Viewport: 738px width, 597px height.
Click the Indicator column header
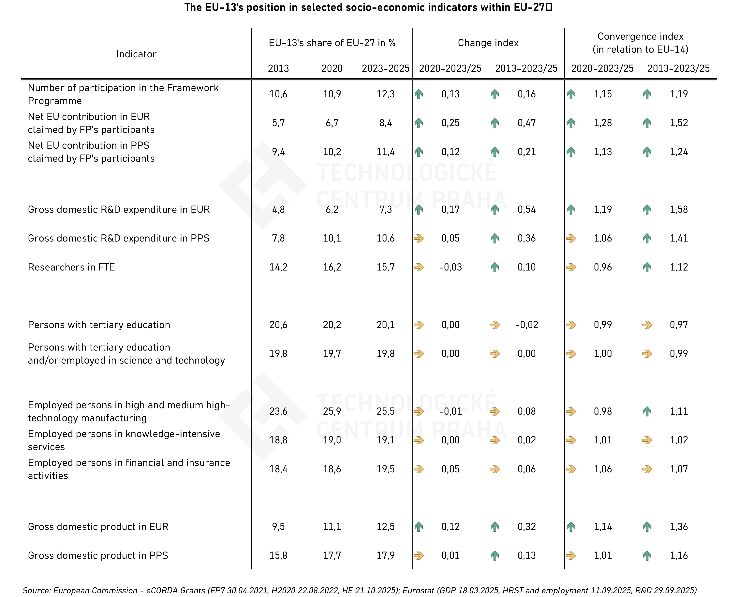pos(136,54)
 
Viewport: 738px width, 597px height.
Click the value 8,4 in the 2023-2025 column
pos(386,123)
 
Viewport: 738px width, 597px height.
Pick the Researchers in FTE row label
pos(71,267)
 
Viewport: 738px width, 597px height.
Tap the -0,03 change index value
pos(450,267)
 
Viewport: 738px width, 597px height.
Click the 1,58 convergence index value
pos(678,209)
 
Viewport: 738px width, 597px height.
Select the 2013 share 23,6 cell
pos(278,411)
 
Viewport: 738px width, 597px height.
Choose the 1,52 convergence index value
pos(678,123)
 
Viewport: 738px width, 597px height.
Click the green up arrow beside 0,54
pos(495,209)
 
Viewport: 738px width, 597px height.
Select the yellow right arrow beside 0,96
pos(571,267)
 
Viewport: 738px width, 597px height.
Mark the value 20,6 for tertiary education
pos(278,325)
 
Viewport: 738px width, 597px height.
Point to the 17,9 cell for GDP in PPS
pos(386,555)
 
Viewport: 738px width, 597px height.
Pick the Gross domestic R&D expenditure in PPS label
pos(119,238)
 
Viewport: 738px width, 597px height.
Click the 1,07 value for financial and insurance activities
pos(678,469)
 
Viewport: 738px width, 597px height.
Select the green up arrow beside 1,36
pos(647,526)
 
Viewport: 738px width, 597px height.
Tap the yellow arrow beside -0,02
pos(495,325)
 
